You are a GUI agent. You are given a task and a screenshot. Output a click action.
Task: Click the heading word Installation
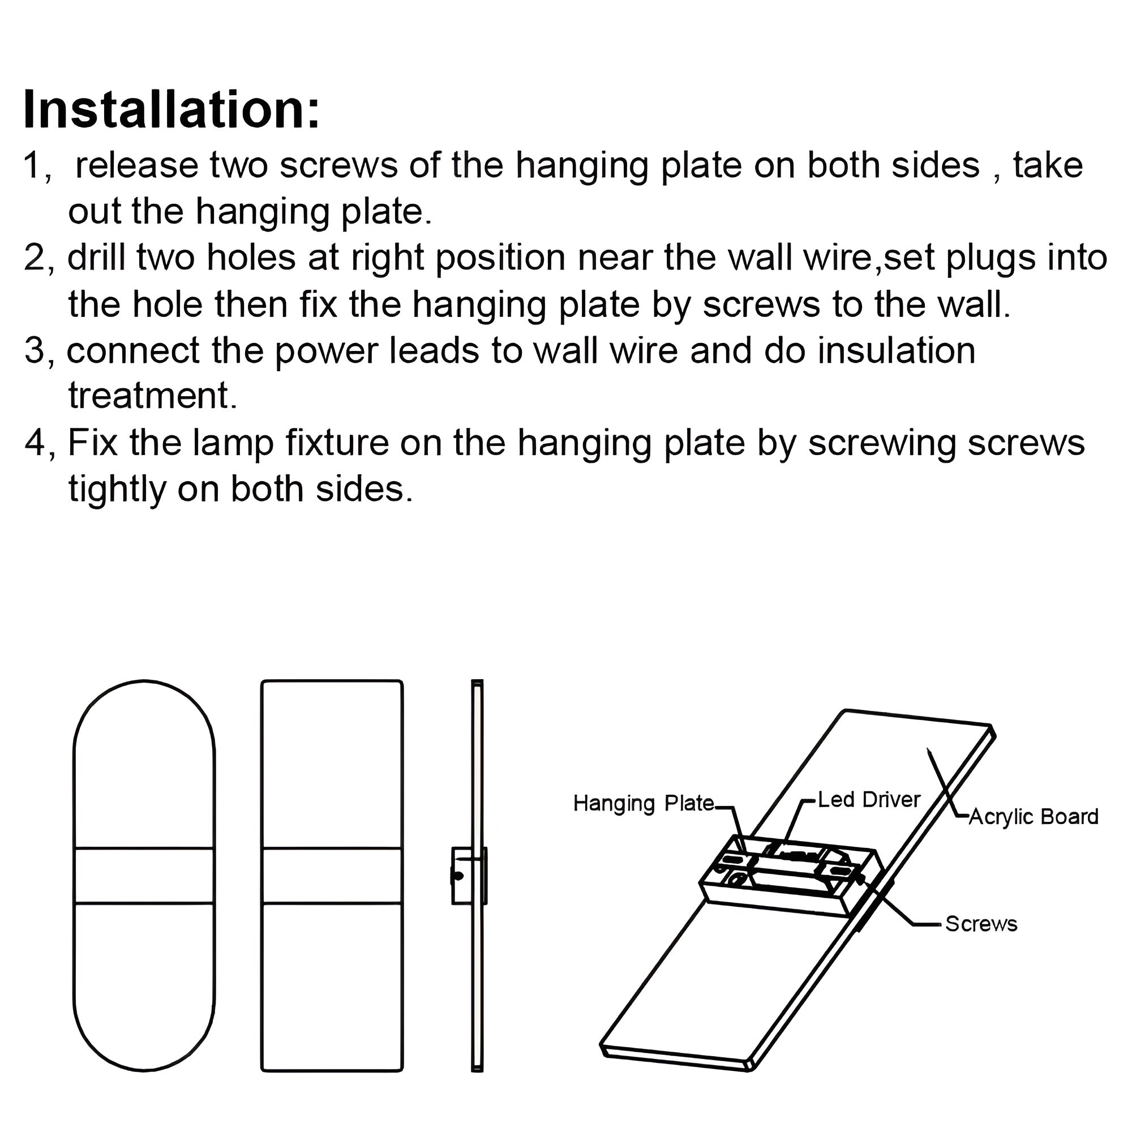[x=171, y=111]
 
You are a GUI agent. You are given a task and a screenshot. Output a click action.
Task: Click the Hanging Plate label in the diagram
[x=644, y=803]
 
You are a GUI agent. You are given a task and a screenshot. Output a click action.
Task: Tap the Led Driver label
[x=868, y=800]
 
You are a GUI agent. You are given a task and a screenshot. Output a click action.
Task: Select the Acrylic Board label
[x=1033, y=817]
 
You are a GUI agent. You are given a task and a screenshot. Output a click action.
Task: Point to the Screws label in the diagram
[x=981, y=924]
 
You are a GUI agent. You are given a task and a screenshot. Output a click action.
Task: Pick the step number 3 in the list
[x=34, y=351]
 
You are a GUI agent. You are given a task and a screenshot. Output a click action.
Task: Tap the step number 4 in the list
[x=35, y=444]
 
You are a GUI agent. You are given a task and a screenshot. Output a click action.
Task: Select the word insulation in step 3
[x=896, y=350]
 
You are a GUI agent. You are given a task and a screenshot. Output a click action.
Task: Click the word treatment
[x=152, y=396]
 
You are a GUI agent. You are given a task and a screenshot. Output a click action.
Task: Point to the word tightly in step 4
[x=117, y=489]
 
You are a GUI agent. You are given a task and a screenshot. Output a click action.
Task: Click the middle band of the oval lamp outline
[x=144, y=876]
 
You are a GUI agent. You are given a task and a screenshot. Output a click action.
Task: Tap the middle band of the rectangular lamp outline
[x=332, y=876]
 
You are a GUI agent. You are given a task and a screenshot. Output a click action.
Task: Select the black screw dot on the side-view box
[x=459, y=877]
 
